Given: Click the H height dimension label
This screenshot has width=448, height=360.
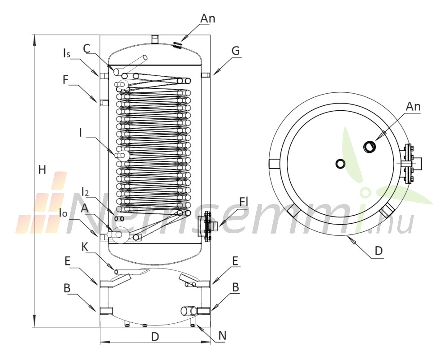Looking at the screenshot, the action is click(42, 170).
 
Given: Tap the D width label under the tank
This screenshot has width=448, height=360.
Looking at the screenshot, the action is click(155, 337).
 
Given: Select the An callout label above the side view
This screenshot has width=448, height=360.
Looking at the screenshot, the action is click(208, 18).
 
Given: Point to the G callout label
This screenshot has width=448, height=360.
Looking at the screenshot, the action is click(236, 51).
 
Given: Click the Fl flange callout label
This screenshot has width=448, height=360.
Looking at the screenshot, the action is click(243, 202).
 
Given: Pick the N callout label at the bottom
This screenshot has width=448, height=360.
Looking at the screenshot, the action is click(222, 336).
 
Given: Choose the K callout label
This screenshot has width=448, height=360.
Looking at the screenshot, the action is click(85, 247).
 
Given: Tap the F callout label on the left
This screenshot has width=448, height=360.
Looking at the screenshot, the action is click(66, 80).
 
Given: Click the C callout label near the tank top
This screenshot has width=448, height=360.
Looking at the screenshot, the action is click(86, 49).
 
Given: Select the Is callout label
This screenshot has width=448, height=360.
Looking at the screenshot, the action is click(66, 53).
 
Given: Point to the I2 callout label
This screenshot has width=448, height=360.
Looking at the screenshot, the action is click(85, 192).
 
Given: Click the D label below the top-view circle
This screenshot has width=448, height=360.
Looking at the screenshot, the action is click(379, 251).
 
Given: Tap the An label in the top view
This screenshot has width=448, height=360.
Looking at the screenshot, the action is click(413, 106).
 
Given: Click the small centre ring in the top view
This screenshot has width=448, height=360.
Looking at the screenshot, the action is click(340, 164).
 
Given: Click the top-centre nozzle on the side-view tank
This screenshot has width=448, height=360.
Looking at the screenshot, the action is click(155, 39).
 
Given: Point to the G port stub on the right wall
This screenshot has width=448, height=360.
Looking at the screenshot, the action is click(206, 75).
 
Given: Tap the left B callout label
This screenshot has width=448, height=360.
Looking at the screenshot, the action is click(67, 288).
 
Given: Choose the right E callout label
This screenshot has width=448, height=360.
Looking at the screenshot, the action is click(235, 261).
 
